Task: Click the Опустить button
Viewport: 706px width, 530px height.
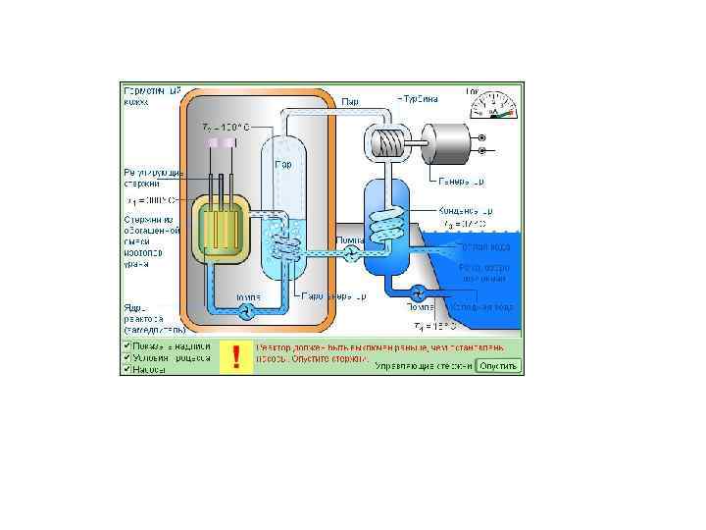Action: pyautogui.click(x=499, y=366)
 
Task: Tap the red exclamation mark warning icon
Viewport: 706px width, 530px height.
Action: pyautogui.click(x=235, y=357)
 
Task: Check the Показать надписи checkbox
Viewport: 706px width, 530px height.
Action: pyautogui.click(x=126, y=346)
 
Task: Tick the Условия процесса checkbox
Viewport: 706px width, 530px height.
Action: pyautogui.click(x=126, y=357)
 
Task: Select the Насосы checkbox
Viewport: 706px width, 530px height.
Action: pyautogui.click(x=126, y=369)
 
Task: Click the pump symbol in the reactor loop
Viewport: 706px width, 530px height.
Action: pyautogui.click(x=247, y=310)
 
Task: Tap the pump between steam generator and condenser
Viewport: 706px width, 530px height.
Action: pyautogui.click(x=350, y=252)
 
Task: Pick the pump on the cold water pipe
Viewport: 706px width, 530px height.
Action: pyautogui.click(x=419, y=291)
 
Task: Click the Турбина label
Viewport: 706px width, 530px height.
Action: pyautogui.click(x=418, y=99)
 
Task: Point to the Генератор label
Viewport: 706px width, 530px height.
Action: pyautogui.click(x=459, y=182)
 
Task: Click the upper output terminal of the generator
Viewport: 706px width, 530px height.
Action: pyautogui.click(x=481, y=137)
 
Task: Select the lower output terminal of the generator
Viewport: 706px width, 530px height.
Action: pyautogui.click(x=481, y=152)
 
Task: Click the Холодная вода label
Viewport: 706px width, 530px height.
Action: pyautogui.click(x=485, y=306)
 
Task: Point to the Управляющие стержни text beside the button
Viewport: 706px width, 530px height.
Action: pyautogui.click(x=422, y=366)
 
